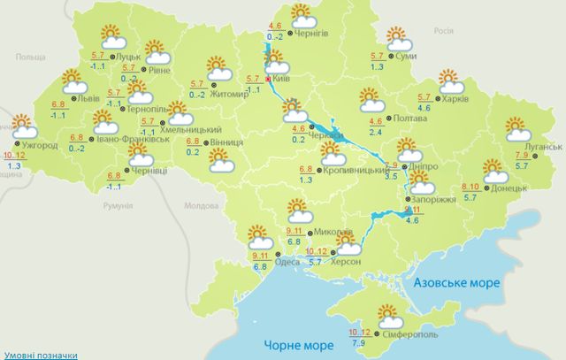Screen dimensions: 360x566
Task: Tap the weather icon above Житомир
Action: pos(218,68)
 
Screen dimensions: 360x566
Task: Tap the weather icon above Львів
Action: pos(75,83)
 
